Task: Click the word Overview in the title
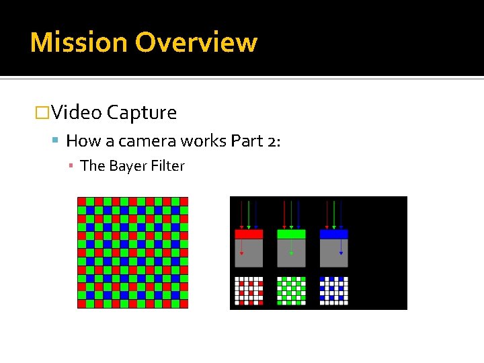pos(196,42)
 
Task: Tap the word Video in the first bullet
pos(76,112)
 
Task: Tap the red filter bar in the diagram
pos(249,234)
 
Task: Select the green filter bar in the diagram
pos(291,234)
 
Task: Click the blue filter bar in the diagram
pos(334,234)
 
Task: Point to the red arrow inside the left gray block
pos(242,249)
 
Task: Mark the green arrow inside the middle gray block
pos(291,249)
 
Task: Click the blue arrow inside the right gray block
pos(341,249)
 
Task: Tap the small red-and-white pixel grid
pos(249,290)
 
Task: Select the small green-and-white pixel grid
pos(291,290)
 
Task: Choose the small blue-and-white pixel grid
pos(334,290)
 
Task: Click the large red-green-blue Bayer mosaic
pos(132,252)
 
